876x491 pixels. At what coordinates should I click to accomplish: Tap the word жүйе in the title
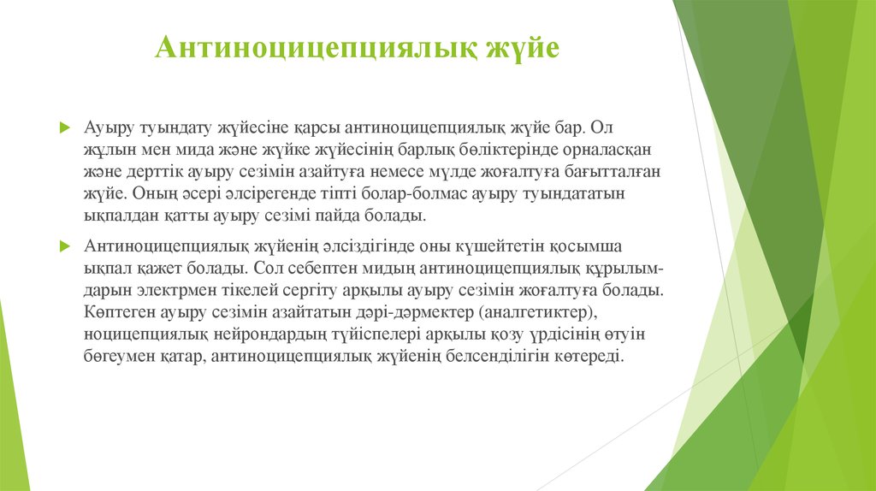coord(523,48)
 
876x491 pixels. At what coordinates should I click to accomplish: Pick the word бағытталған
coord(607,172)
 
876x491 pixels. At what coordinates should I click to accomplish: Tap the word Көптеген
coord(116,313)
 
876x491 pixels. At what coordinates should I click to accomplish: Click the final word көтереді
coord(589,358)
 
